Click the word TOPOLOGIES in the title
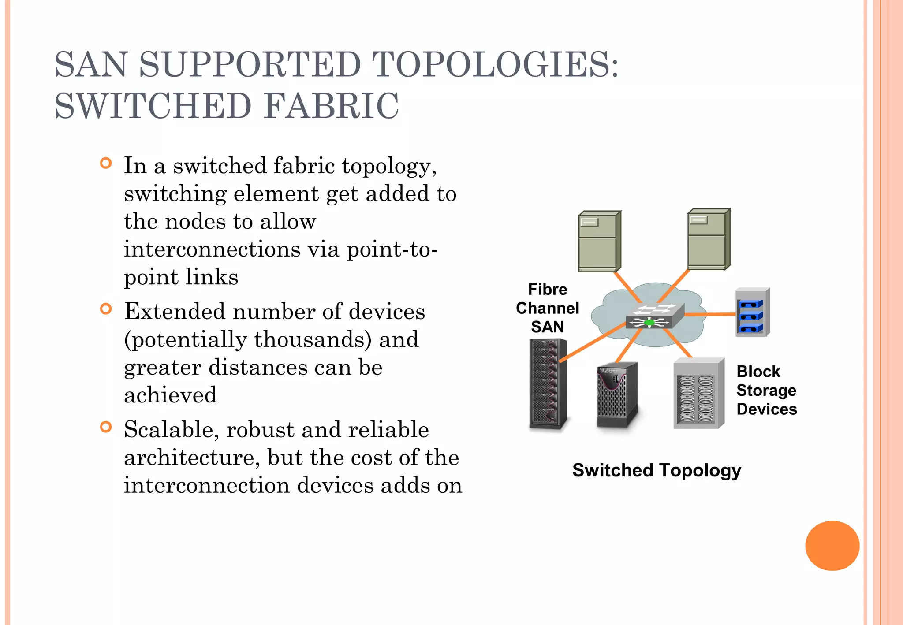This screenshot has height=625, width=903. pyautogui.click(x=496, y=65)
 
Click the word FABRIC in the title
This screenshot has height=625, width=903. pyautogui.click(x=332, y=106)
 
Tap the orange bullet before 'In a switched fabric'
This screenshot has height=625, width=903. pyautogui.click(x=106, y=164)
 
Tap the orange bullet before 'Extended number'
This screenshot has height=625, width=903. pyautogui.click(x=106, y=309)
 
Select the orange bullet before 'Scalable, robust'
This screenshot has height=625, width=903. pyautogui.click(x=106, y=427)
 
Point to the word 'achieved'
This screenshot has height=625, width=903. pyautogui.click(x=170, y=395)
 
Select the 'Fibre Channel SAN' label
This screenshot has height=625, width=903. pyautogui.click(x=547, y=308)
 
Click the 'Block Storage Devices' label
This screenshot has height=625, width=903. pyautogui.click(x=766, y=390)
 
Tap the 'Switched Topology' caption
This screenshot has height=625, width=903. pyautogui.click(x=657, y=470)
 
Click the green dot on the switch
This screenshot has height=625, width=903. pyautogui.click(x=649, y=323)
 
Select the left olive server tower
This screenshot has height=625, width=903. pyautogui.click(x=599, y=242)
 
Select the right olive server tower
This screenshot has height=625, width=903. pyautogui.click(x=708, y=240)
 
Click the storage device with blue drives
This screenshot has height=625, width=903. pyautogui.click(x=752, y=312)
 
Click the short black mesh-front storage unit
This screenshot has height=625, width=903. pyautogui.click(x=617, y=395)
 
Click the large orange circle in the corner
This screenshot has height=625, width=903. pyautogui.click(x=832, y=546)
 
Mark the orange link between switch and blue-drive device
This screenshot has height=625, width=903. pyautogui.click(x=710, y=314)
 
